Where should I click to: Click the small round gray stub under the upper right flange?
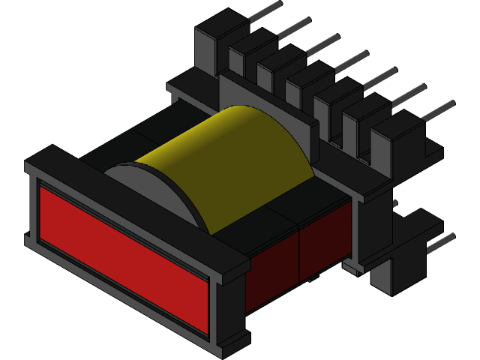coord(395,202)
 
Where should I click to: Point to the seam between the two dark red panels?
coord(299,255)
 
